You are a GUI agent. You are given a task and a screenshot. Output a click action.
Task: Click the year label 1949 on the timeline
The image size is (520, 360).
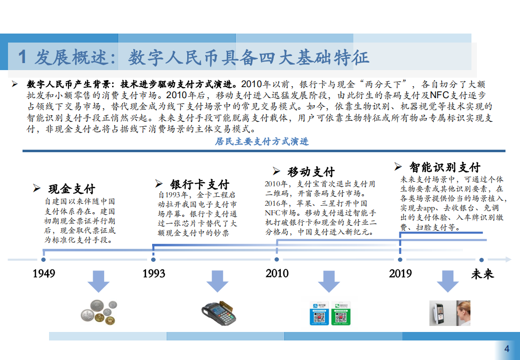click(44, 273)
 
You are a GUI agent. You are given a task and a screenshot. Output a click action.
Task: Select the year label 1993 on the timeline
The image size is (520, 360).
click(154, 273)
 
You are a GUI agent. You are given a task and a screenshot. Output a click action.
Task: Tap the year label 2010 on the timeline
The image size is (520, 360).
click(277, 273)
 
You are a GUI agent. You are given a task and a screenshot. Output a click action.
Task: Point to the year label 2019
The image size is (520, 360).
click(400, 273)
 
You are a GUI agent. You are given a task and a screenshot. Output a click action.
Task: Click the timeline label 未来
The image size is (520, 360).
click(482, 274)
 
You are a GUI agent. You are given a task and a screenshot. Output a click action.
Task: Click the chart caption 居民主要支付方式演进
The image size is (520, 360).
click(262, 142)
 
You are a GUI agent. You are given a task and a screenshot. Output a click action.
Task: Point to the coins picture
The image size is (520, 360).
click(99, 311)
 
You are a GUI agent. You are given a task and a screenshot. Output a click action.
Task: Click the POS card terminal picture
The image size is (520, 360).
click(219, 311)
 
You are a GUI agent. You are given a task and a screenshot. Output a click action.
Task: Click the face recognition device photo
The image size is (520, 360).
click(449, 313)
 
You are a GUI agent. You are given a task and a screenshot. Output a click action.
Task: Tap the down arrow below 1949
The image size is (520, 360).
click(98, 281)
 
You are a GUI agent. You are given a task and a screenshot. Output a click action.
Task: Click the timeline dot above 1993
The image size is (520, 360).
click(154, 259)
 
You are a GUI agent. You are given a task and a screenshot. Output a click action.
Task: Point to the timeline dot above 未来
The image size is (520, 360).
click(481, 259)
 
